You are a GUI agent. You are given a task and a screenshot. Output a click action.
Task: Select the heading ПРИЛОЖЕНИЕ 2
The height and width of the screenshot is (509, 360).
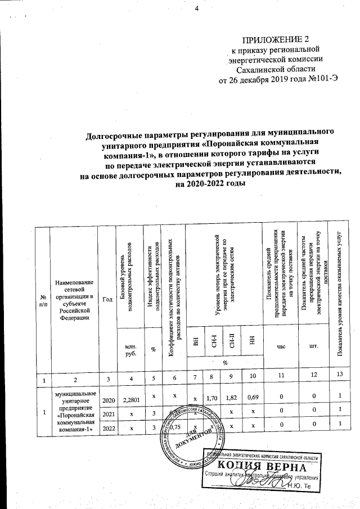(276, 40)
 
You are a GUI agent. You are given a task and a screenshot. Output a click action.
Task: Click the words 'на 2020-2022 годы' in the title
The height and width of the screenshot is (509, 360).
(211, 184)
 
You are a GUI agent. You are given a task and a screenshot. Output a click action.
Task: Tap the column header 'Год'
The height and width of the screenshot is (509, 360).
(107, 299)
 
